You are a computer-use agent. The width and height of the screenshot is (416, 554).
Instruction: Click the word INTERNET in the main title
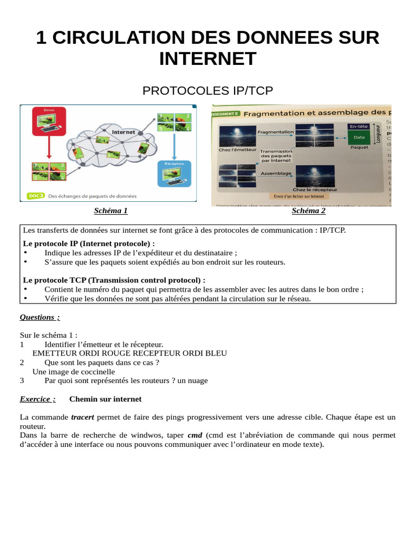click(x=207, y=58)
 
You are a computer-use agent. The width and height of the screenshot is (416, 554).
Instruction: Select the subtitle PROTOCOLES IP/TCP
click(x=207, y=91)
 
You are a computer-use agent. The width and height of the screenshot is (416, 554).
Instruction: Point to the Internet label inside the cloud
click(x=123, y=131)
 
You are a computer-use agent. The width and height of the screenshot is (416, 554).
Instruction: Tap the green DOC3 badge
click(x=35, y=196)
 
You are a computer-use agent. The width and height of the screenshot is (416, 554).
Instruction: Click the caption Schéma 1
click(x=110, y=211)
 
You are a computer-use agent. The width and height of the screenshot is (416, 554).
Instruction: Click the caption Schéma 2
click(x=308, y=211)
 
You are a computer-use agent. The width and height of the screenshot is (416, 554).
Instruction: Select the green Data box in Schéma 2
click(x=359, y=137)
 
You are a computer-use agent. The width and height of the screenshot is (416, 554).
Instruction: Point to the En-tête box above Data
click(x=359, y=126)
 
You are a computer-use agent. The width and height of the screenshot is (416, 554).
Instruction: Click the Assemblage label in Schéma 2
click(x=276, y=174)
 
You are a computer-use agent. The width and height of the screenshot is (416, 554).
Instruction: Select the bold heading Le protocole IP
click(x=89, y=243)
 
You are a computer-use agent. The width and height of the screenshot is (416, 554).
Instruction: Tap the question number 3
click(x=22, y=380)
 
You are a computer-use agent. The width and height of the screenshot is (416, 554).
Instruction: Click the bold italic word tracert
click(x=82, y=417)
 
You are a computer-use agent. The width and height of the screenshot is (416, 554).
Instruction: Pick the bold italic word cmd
click(x=194, y=435)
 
